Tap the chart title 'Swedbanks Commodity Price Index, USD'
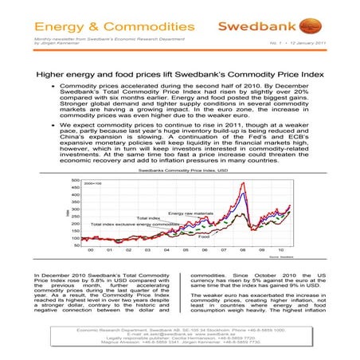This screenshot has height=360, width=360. coord(180,170)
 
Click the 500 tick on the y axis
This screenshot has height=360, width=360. coord(75,181)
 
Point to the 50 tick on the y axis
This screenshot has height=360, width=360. coord(76,245)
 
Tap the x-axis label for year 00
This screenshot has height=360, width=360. coord(91,250)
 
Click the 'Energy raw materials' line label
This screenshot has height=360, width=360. coord(191,213)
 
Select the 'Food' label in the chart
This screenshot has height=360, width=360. coord(204,237)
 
